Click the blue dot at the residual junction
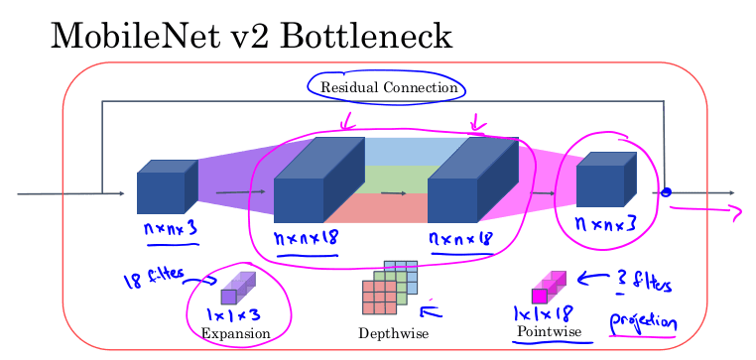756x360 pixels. (x=667, y=192)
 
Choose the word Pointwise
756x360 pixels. (x=548, y=330)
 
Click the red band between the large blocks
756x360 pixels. (x=377, y=208)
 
